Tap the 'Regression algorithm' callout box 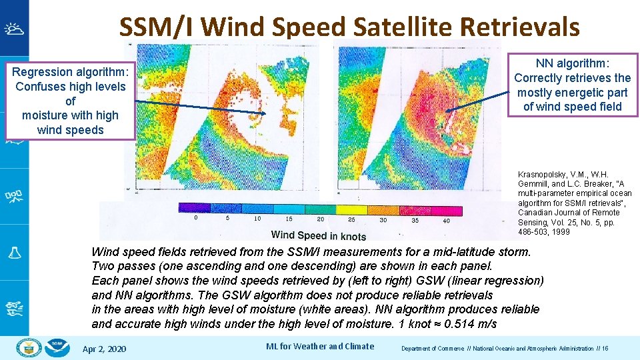70,101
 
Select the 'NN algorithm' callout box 572,85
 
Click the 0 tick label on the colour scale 195,219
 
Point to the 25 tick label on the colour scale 351,219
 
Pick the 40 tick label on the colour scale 446,220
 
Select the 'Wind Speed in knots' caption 319,235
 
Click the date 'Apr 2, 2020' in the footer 104,349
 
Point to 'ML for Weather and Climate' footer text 320,346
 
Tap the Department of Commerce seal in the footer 29,347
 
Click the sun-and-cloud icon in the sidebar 13,29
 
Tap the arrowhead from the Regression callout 265,113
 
